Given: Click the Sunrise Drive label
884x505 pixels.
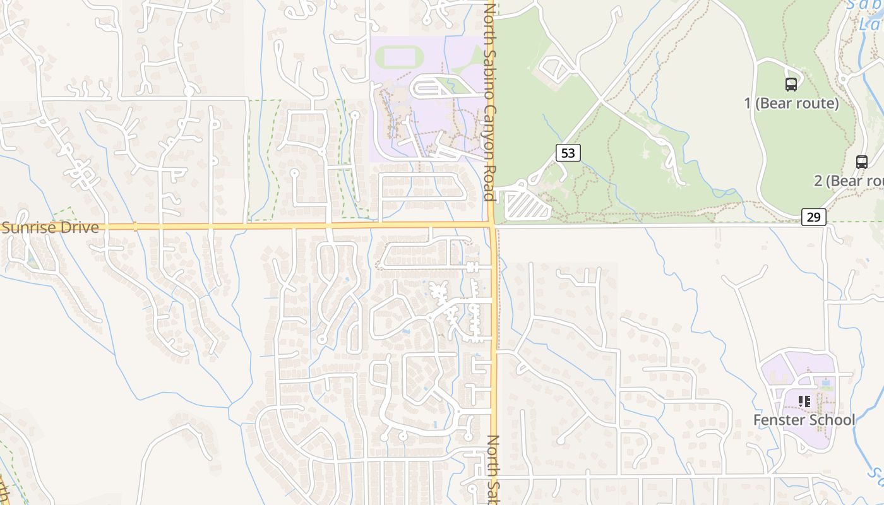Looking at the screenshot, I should point(51,228).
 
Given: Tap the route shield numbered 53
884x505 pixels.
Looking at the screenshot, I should point(568,153).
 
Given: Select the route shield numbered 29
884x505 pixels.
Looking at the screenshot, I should point(814,217).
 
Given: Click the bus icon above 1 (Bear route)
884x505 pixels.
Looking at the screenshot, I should point(791,84).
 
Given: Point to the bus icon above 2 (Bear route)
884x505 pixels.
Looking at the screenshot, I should point(861,162).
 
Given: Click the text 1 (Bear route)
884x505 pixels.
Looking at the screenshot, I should point(791,104).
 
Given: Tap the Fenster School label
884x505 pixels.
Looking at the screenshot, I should point(804,420).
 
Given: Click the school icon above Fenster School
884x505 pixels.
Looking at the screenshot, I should point(804,401).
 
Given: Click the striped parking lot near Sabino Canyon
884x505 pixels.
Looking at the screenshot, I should point(527,206).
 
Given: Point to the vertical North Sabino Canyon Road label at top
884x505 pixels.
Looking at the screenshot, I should point(489,101).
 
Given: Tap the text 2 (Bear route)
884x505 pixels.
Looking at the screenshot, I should point(848,181).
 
